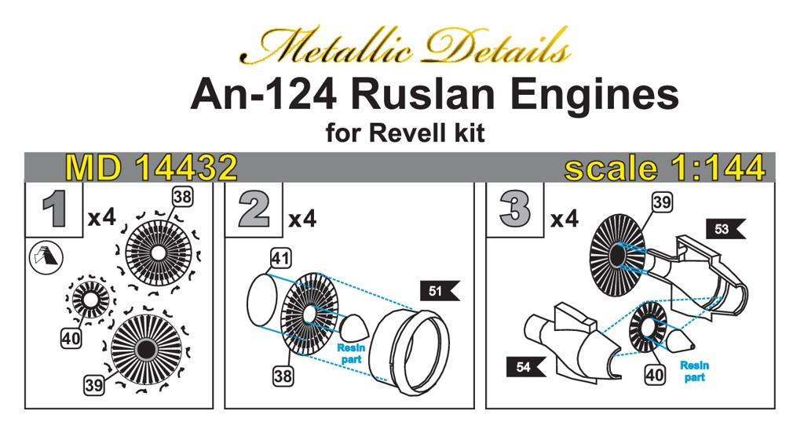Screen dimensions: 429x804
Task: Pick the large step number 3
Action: click(x=515, y=209)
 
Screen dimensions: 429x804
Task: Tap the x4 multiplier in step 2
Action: click(x=301, y=220)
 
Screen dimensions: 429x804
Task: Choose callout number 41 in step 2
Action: click(x=280, y=258)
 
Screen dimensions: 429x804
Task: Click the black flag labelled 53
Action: click(x=724, y=229)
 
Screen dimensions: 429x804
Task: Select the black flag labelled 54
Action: click(x=526, y=365)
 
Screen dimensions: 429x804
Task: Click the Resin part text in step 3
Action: click(x=693, y=371)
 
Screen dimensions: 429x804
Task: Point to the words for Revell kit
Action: click(x=404, y=133)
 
